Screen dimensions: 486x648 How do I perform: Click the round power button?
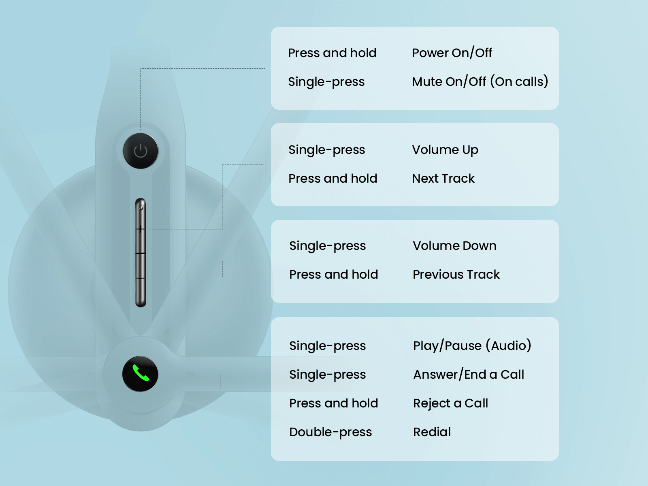[x=141, y=151]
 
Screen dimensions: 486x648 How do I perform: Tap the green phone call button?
[x=140, y=374]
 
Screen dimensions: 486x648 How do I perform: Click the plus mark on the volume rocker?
[x=141, y=230]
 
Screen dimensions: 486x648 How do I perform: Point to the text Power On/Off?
[x=452, y=53]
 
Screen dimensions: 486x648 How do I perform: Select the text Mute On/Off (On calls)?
[x=480, y=81]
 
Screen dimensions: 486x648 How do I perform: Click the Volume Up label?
[x=445, y=150]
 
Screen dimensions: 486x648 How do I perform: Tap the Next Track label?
[x=443, y=178]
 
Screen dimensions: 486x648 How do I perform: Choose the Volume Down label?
[x=454, y=245]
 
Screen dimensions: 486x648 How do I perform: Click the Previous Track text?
[x=456, y=274]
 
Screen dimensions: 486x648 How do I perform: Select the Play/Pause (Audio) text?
[x=472, y=345]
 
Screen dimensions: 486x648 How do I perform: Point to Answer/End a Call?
[x=469, y=374]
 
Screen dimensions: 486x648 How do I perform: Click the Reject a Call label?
[x=450, y=403]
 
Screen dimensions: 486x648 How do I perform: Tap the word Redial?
[x=432, y=432]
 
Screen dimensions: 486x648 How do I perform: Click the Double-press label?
[x=330, y=432]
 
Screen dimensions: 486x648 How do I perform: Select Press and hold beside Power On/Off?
[x=332, y=53]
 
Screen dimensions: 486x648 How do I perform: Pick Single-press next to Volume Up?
[x=326, y=150]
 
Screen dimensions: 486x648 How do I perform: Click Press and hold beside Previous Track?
[x=333, y=274]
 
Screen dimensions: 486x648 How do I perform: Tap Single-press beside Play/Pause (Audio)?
[x=327, y=345]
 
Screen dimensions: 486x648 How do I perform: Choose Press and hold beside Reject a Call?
[x=333, y=403]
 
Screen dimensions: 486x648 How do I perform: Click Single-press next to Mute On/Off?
[x=326, y=81]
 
